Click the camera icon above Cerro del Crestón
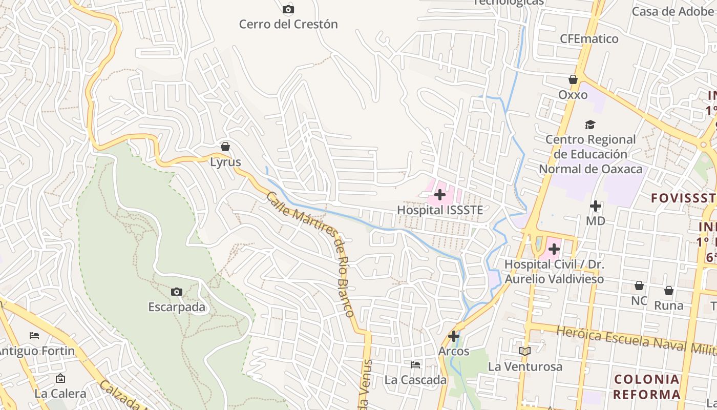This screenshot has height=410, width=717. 288,9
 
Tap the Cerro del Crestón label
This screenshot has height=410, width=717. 288,24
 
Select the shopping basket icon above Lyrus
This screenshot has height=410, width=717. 225,147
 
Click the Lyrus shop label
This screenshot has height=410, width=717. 225,162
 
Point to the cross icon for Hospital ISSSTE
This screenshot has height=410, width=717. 440,195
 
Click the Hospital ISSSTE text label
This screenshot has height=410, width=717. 440,210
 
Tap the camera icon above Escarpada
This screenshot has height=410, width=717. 177,292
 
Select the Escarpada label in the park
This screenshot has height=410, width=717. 177,307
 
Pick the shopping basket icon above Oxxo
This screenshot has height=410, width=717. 573,79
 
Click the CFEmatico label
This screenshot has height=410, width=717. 589,39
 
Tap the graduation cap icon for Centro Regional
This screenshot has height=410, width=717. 591,125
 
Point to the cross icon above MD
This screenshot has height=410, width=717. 596,206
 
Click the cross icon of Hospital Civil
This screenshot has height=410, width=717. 554,250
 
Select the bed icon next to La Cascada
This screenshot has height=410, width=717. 415,365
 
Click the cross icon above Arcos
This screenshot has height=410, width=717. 454,336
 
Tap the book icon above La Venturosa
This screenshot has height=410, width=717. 525,351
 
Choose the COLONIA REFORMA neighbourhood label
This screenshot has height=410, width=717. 646,387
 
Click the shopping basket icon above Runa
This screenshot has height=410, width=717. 669,291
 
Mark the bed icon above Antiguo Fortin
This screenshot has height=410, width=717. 34,336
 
